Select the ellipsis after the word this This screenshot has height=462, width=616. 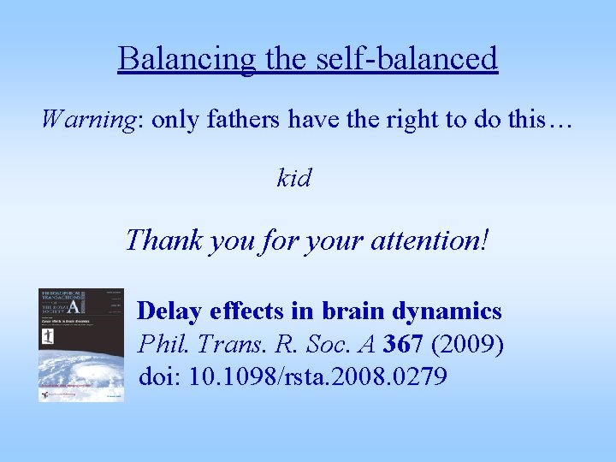[559, 120]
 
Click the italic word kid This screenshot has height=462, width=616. [294, 178]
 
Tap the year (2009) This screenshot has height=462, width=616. [469, 344]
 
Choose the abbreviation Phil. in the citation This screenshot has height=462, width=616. [159, 344]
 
